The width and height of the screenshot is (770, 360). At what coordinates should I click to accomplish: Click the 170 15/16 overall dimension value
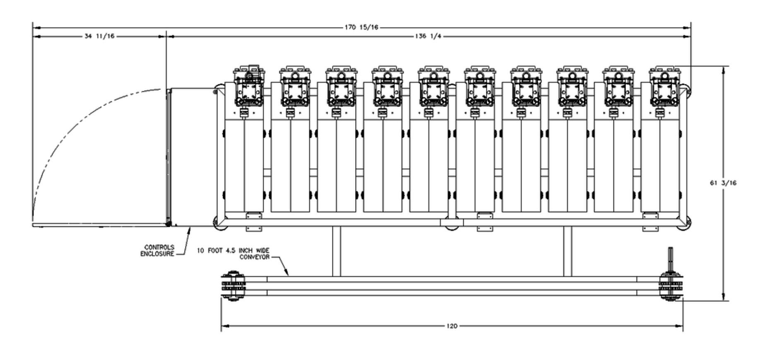361,28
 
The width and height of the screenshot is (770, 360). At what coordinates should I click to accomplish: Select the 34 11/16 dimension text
99,36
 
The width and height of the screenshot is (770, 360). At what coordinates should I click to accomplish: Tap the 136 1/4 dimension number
428,36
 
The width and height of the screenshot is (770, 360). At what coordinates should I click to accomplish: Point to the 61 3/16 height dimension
723,183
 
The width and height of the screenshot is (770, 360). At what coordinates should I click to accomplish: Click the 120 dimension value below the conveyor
452,326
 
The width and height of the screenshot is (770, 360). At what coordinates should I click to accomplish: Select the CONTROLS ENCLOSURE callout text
157,251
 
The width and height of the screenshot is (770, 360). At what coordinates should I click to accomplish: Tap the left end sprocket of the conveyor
233,286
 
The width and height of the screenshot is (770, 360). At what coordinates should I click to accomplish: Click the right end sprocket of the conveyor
671,286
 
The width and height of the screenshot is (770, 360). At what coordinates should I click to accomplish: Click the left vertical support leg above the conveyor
337,251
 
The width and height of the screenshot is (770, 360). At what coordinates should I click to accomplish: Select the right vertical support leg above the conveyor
568,251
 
